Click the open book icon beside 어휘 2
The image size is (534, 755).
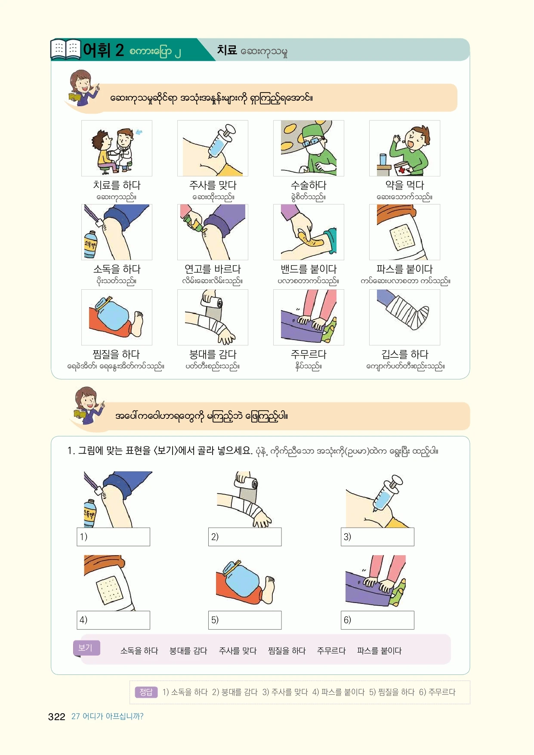(x=65, y=49)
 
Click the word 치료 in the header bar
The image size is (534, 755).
(x=227, y=50)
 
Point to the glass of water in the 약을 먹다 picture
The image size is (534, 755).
(x=383, y=159)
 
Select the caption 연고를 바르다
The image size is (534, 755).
(x=213, y=269)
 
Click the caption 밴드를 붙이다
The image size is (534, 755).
(x=309, y=269)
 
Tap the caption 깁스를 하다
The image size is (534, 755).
(x=404, y=354)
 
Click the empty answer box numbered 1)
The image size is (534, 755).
(x=113, y=537)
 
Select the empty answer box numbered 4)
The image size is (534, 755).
(x=113, y=620)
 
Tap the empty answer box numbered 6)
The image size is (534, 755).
(x=377, y=620)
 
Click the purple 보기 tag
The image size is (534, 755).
(x=86, y=648)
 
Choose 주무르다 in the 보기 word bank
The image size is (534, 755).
(x=331, y=651)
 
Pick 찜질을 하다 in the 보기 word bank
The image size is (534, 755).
(x=287, y=651)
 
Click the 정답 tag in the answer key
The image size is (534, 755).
(x=146, y=692)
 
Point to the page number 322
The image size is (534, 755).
(x=56, y=717)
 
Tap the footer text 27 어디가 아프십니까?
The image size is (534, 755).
(x=107, y=716)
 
